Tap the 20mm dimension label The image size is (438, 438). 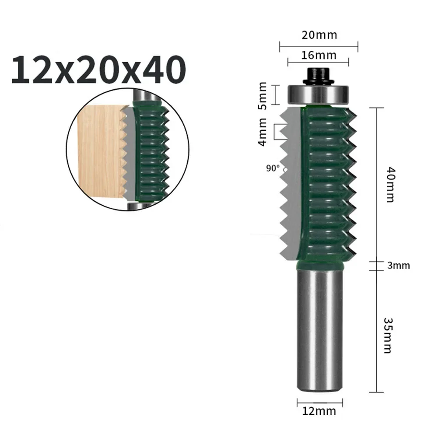click(x=319, y=35)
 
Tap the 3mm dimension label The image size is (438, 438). click(x=399, y=265)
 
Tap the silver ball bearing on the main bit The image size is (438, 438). click(x=318, y=93)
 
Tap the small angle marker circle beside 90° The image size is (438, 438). click(x=284, y=168)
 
